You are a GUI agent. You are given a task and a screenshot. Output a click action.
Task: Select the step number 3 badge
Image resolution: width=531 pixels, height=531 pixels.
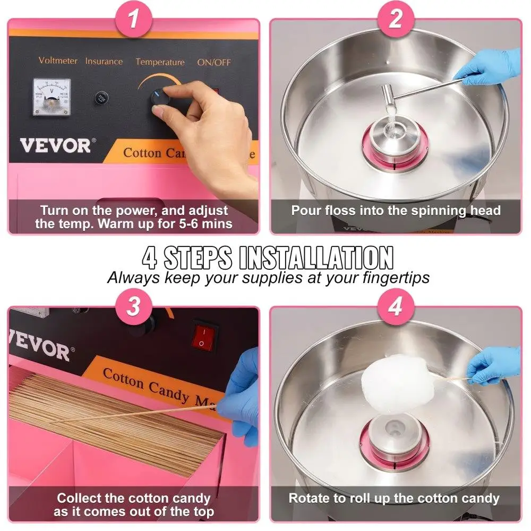pos(133,307)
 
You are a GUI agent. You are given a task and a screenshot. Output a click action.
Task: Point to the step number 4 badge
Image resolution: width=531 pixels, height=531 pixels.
pos(395,307)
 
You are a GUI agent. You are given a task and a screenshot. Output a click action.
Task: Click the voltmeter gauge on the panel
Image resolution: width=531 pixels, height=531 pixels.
pos(51,96)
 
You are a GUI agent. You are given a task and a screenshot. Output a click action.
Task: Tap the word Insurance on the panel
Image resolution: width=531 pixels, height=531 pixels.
pos(104,61)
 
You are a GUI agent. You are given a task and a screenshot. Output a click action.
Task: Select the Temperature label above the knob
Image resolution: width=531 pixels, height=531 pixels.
pos(160,62)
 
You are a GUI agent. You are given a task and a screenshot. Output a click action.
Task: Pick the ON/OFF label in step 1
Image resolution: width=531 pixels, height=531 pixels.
pos(214,62)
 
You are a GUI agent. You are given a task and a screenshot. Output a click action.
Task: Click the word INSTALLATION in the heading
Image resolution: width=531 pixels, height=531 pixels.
pos(316,258)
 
